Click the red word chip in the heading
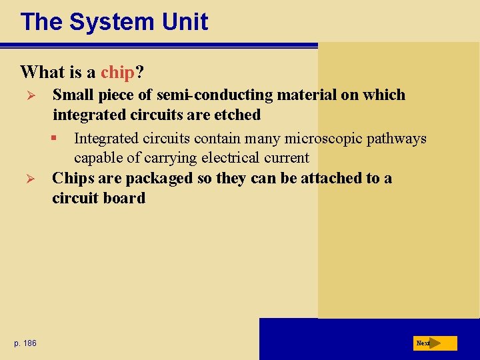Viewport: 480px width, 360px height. pyautogui.click(x=117, y=71)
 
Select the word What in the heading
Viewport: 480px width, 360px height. pyautogui.click(x=41, y=71)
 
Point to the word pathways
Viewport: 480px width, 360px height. pyautogui.click(x=399, y=139)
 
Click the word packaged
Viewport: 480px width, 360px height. pyautogui.click(x=155, y=179)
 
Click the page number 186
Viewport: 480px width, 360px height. pyautogui.click(x=30, y=343)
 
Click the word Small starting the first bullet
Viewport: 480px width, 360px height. pyautogui.click(x=73, y=95)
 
